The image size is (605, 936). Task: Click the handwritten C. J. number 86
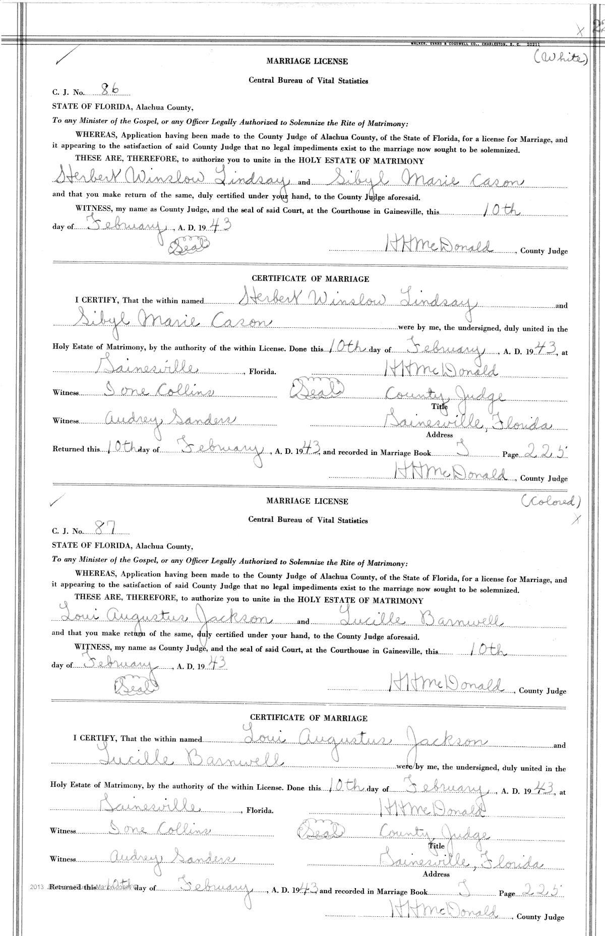110,90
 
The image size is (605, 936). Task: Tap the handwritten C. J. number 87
106,528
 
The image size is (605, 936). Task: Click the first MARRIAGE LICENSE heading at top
307,62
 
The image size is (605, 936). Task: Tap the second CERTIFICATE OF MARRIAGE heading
309,718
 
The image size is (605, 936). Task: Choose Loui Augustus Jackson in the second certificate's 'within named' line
363,740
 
